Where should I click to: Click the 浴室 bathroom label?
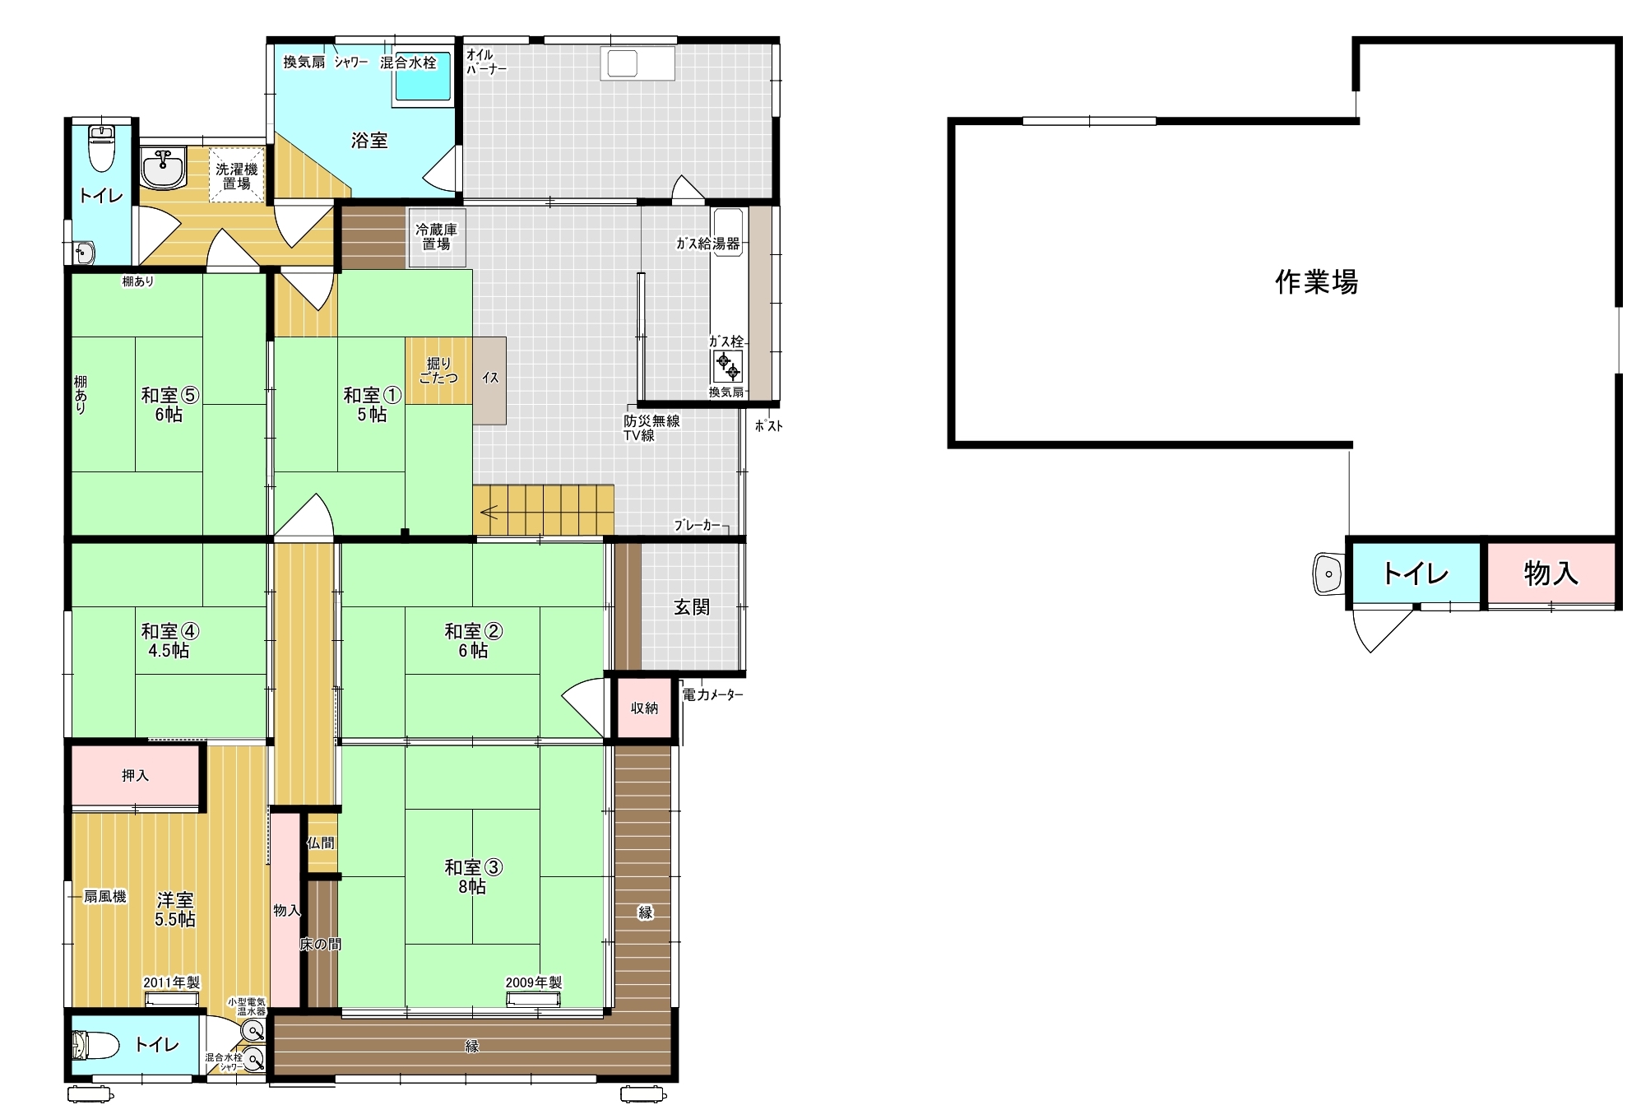[x=369, y=141]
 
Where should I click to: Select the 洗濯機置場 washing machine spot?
[x=237, y=174]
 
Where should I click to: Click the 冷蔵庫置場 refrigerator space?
[x=437, y=237]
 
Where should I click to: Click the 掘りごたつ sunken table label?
[x=438, y=370]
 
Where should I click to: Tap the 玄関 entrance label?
[x=692, y=607]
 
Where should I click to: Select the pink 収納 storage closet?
[x=644, y=708]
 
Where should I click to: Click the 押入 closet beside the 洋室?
[x=136, y=775]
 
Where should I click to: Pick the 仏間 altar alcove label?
[x=321, y=843]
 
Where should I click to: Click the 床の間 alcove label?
[x=320, y=944]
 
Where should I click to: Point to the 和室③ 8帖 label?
[x=473, y=876]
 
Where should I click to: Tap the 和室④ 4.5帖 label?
[x=170, y=640]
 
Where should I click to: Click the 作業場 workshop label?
[x=1316, y=282]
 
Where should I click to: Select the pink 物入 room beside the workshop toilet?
[x=1551, y=573]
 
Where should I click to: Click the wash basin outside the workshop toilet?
[x=1328, y=573]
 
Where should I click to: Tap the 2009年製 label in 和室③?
[x=534, y=982]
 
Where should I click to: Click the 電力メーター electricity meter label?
[x=712, y=695]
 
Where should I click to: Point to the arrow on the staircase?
[x=489, y=513]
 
